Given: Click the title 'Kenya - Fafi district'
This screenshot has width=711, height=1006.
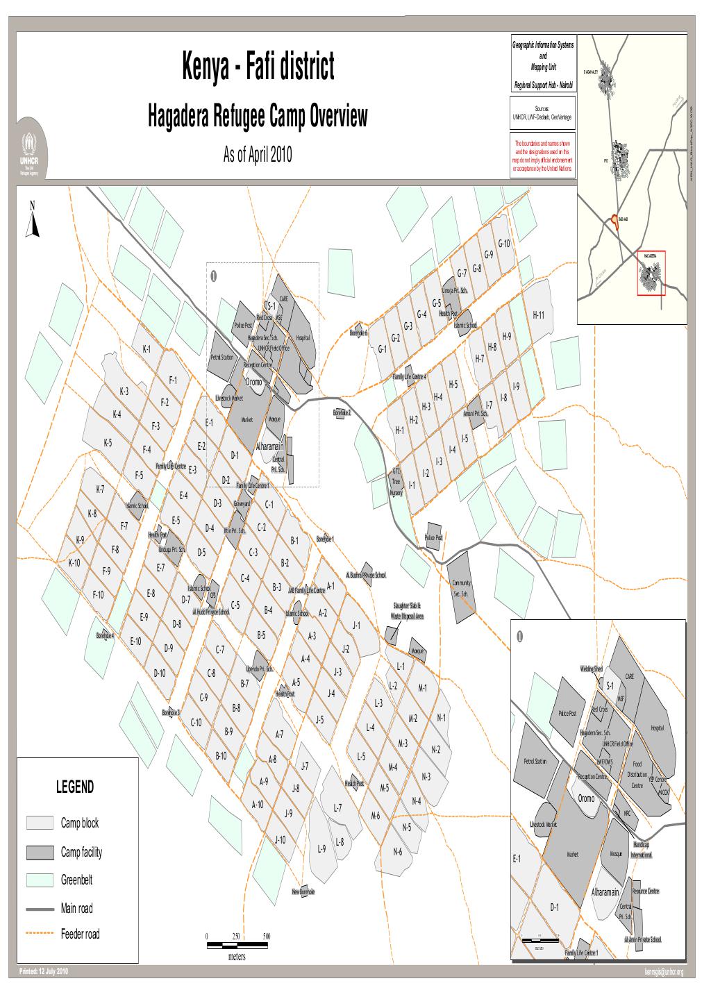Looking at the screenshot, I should pos(258,67).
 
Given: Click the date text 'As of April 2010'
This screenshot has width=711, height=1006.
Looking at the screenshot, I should pos(258,155).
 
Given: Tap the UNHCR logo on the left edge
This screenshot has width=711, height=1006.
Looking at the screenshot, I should pos(30,154).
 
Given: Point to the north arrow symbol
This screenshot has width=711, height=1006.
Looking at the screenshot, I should pos(32,222).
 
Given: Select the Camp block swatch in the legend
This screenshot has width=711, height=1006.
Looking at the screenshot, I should pos(40,823).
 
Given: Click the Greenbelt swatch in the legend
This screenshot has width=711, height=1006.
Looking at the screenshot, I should pos(40,880).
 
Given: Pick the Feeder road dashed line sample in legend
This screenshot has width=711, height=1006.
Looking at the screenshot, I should pos(40,934).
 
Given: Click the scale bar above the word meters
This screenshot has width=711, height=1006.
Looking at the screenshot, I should pos(238,945).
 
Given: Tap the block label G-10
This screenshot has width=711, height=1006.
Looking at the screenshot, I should pos(504,243).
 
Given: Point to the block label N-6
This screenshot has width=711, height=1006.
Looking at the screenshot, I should pos(398,852).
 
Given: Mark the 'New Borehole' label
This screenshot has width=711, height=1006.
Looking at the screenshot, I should pos(303,891).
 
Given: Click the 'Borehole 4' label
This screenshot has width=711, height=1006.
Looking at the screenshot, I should pos(106,635).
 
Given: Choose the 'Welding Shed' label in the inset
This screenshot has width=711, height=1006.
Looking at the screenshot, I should pos(592,669).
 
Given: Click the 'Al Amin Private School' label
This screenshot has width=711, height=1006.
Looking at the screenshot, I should pos(643,939).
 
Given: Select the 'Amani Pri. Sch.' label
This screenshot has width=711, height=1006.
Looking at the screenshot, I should pos(475,414).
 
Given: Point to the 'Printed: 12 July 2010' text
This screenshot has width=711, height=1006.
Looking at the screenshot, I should pos(43,970).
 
